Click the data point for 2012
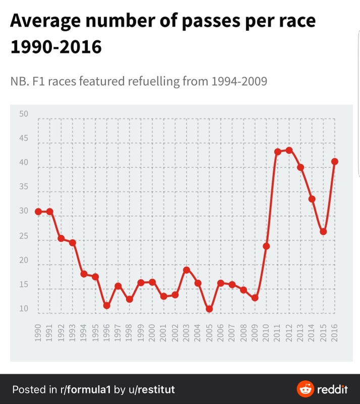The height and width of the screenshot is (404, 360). (289, 150)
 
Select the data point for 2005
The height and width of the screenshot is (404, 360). (209, 309)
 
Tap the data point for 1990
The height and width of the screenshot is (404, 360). (38, 211)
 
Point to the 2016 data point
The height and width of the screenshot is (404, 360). (334, 162)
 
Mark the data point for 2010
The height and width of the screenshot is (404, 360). (266, 246)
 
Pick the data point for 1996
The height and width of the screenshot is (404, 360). (107, 306)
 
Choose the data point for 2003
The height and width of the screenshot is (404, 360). (186, 270)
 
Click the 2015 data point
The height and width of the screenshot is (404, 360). (323, 232)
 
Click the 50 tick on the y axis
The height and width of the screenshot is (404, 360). (24, 114)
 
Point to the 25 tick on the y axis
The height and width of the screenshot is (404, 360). (24, 236)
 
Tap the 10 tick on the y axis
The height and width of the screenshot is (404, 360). (24, 309)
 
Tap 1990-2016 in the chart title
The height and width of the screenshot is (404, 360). (56, 46)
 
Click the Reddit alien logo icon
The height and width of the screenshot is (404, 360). (305, 389)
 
